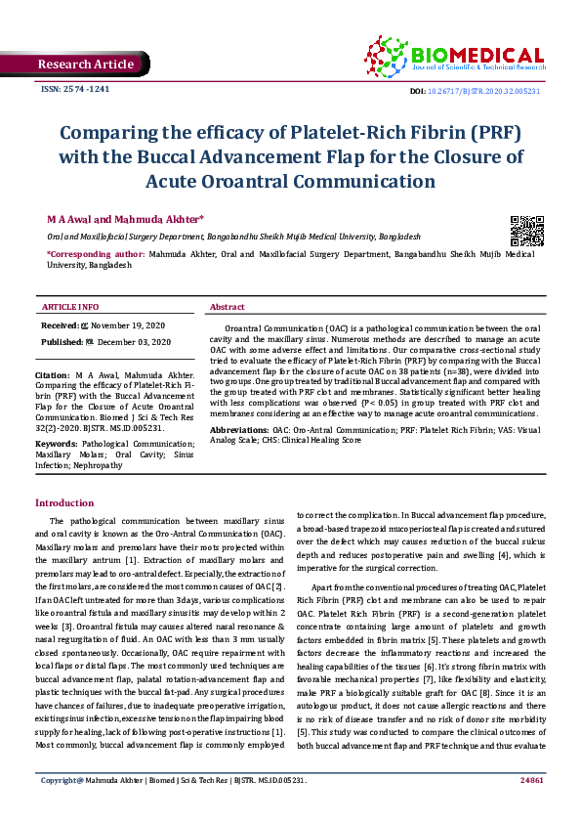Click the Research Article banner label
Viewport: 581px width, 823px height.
click(85, 65)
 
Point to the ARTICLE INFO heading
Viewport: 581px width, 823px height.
click(70, 307)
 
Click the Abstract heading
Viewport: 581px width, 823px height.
click(228, 307)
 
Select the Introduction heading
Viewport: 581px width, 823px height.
click(64, 502)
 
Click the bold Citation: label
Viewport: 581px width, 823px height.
click(52, 374)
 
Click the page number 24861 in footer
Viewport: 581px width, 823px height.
click(532, 807)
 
